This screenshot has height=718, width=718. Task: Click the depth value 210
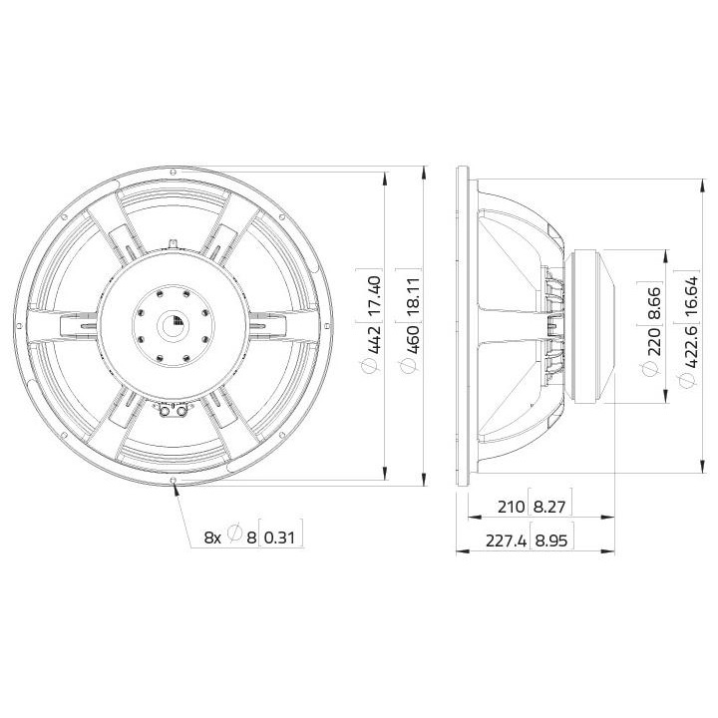509,507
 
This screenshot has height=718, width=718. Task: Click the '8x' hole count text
212,537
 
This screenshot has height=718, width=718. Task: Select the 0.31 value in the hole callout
283,537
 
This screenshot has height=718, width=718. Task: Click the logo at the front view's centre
176,321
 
